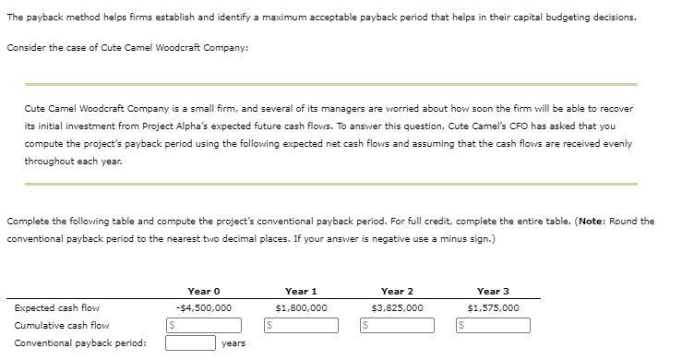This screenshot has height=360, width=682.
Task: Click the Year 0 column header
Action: pos(203,291)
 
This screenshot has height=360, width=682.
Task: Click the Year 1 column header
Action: pos(302,291)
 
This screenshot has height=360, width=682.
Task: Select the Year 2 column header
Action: pos(397,291)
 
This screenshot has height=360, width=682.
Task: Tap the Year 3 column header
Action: pos(493,291)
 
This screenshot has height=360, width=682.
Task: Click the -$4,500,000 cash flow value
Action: pos(203,308)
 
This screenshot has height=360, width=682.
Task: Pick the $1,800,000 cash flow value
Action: pos(302,308)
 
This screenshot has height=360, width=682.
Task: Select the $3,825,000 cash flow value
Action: pos(397,308)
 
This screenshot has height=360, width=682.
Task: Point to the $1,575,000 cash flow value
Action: pos(493,308)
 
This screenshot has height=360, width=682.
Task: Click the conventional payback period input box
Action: pos(191,342)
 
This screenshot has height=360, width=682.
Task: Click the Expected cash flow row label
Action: pos(57,308)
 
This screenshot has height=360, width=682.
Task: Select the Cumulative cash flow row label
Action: pos(62,325)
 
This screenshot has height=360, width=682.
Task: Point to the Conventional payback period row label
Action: pos(80,342)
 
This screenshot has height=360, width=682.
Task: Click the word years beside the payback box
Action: pos(233,342)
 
